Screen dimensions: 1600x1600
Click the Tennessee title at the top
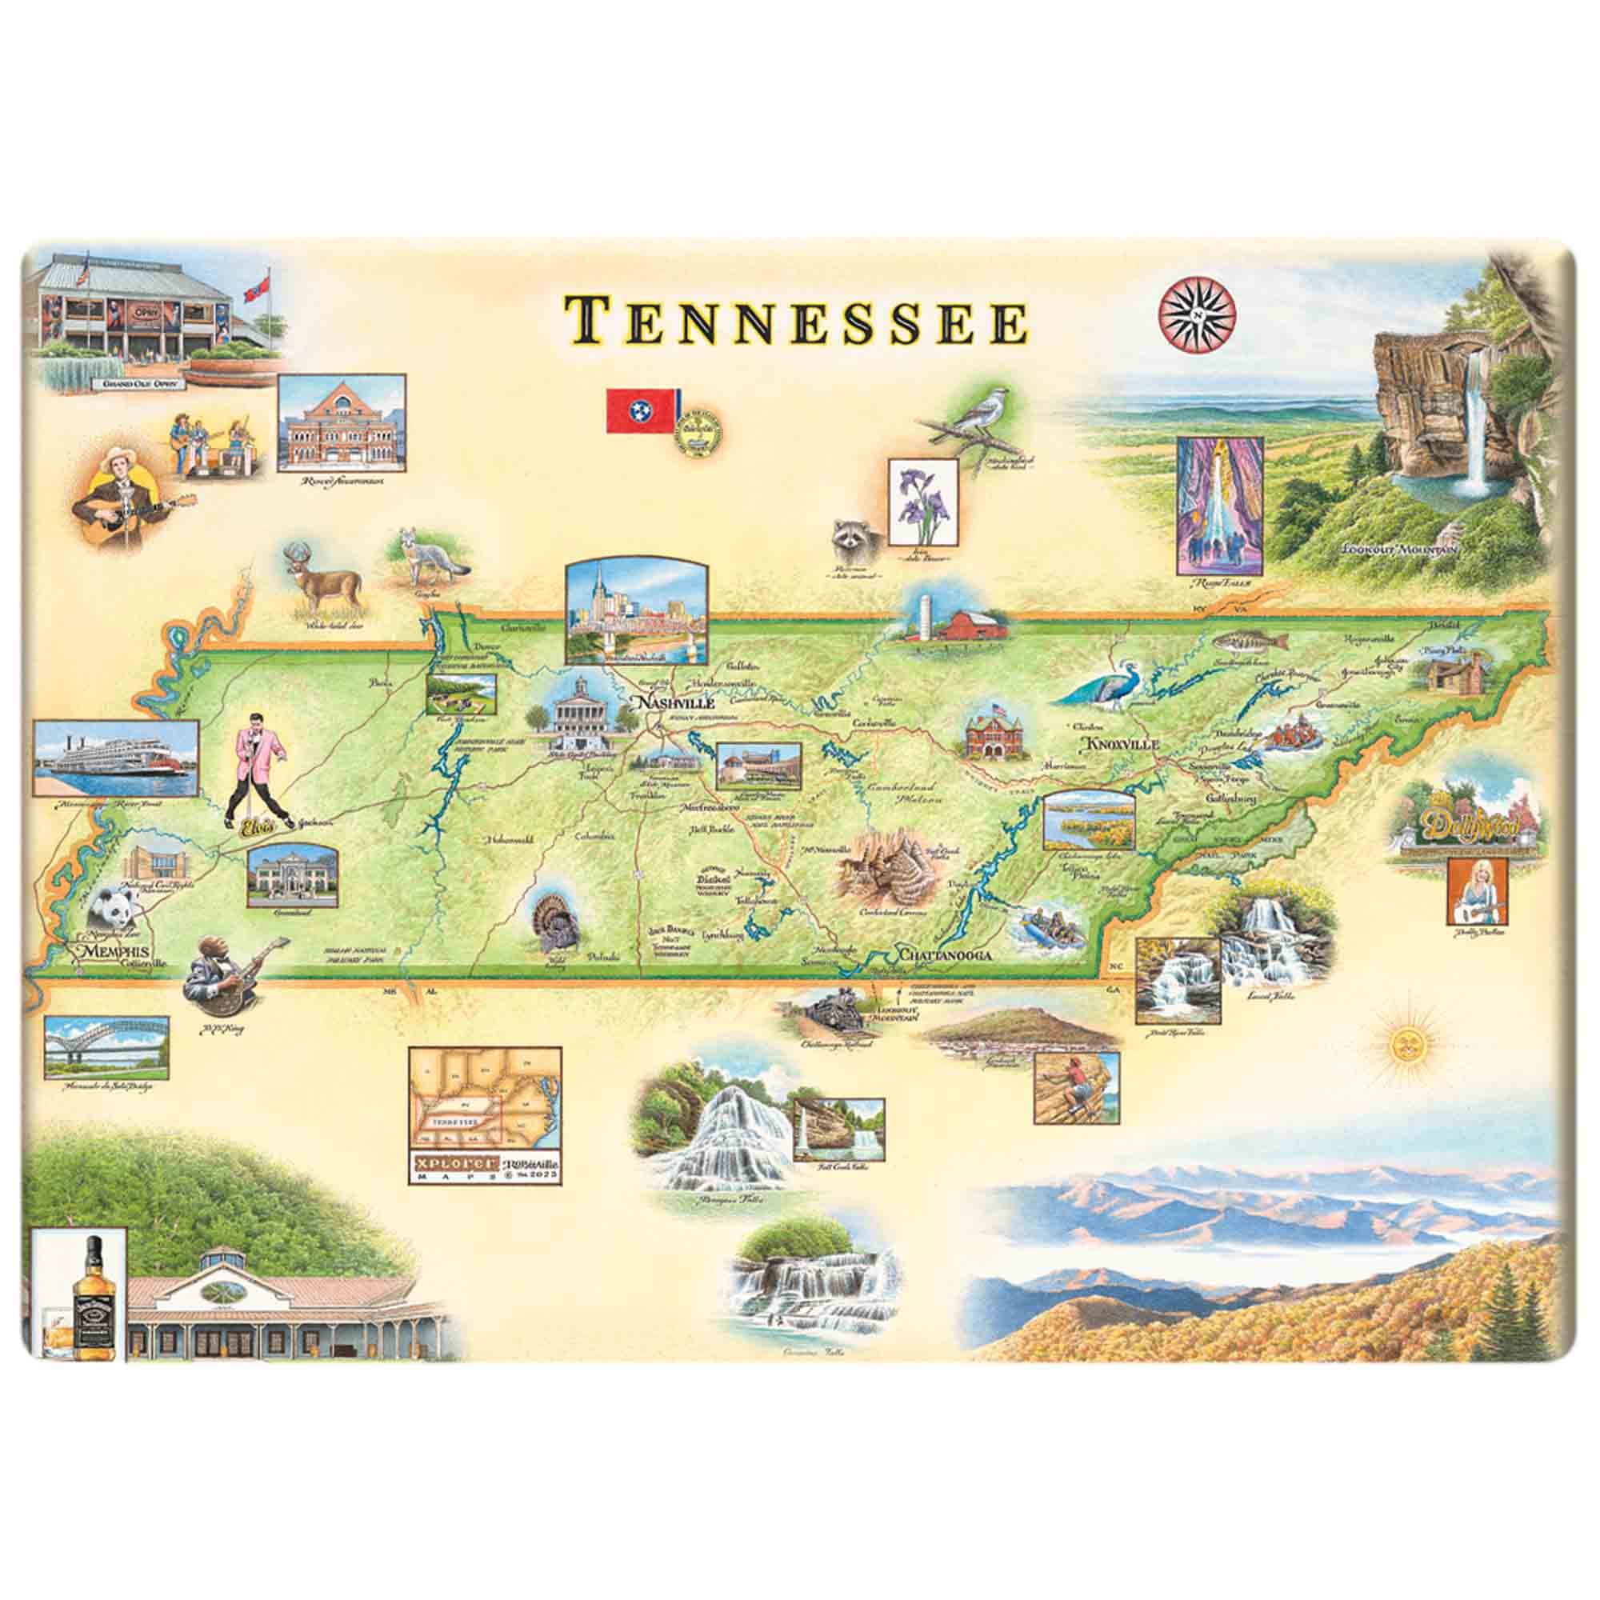tap(795, 322)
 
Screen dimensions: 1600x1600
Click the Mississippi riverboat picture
tap(116, 758)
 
